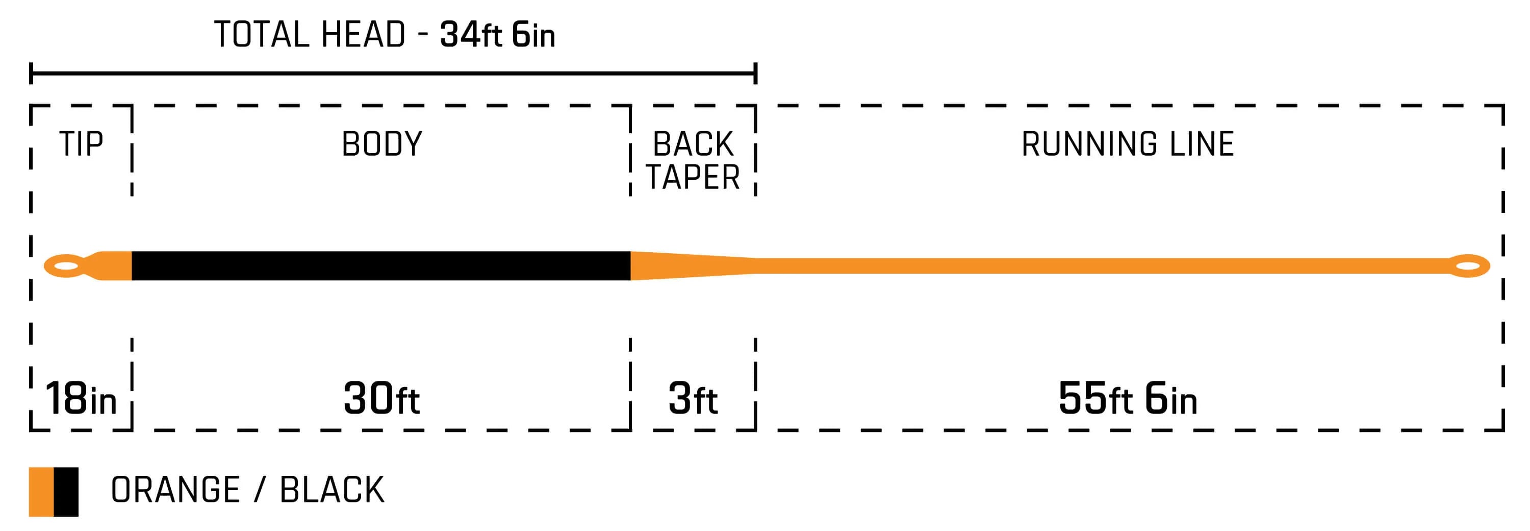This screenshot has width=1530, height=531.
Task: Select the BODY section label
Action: [381, 144]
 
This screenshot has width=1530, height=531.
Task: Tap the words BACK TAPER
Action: [693, 160]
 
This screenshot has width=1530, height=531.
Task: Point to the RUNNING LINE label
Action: [1127, 144]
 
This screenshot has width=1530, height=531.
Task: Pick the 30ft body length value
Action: [381, 398]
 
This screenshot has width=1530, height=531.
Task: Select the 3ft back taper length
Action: [693, 398]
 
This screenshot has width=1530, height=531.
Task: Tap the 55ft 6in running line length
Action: [1127, 398]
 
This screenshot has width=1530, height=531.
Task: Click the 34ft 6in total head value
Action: [497, 35]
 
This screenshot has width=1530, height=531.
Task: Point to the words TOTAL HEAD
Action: [310, 35]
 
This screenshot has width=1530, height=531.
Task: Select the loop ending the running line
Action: [1468, 266]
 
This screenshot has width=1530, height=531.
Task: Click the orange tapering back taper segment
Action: [683, 266]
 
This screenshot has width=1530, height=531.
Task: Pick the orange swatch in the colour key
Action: [41, 492]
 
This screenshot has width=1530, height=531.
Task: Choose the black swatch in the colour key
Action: [66, 492]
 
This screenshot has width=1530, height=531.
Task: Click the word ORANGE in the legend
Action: [175, 491]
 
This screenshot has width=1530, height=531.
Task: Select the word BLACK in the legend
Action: [332, 491]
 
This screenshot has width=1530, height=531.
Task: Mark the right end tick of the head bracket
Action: [755, 74]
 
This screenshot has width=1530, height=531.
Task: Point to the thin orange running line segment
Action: [1099, 266]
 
